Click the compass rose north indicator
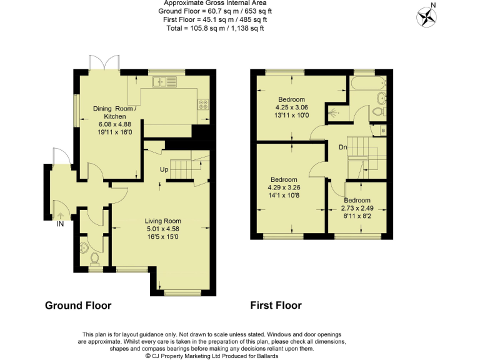[x=429, y=16]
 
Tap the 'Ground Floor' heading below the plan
[x=78, y=306]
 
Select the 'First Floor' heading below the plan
[x=276, y=306]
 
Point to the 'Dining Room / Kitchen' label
[x=114, y=112]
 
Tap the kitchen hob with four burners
[x=204, y=104]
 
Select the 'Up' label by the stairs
[x=165, y=169]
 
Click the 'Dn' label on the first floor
[x=343, y=147]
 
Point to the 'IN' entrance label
[x=61, y=224]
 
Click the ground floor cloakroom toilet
[x=95, y=258]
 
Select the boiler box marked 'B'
[x=383, y=130]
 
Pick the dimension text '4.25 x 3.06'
[x=291, y=107]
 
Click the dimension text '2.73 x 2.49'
[x=357, y=208]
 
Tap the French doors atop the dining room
[x=104, y=62]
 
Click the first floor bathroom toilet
[x=376, y=112]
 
